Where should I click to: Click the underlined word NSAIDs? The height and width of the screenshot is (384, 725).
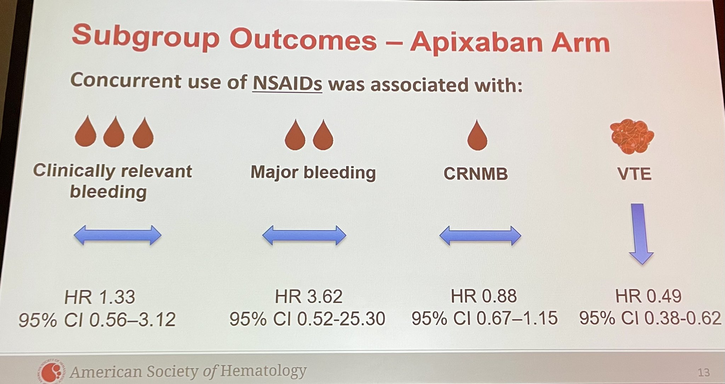(287, 84)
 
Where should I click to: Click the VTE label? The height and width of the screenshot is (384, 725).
(634, 174)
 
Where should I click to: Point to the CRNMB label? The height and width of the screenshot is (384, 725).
(475, 174)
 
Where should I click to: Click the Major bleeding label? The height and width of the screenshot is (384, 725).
(313, 173)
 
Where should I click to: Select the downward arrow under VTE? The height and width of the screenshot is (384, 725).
(641, 234)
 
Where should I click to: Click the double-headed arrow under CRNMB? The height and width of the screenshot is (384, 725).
(480, 236)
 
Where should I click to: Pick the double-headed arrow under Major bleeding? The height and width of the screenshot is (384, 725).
(304, 235)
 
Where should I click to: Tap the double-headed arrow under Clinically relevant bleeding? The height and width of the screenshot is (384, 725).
(118, 235)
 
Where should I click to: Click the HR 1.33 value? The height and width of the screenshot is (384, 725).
(100, 297)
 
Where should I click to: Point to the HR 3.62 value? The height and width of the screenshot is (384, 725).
(309, 296)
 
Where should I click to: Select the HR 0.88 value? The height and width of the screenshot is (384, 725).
(484, 296)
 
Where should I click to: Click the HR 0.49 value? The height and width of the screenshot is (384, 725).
(648, 296)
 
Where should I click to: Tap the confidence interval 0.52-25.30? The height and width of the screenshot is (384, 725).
(341, 318)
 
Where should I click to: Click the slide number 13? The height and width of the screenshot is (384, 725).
(704, 372)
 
